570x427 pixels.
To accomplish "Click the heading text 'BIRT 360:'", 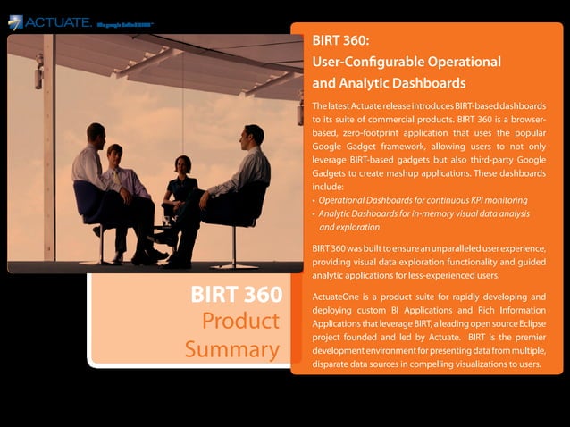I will [341, 41].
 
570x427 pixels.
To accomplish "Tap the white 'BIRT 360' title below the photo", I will [236, 295].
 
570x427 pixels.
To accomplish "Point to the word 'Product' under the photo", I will [240, 321].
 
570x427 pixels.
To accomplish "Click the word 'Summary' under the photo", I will [232, 348].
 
